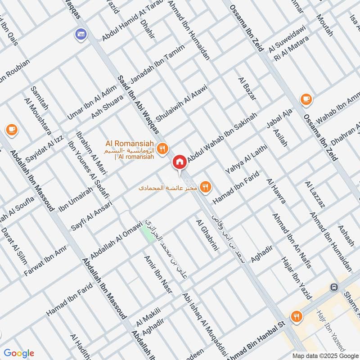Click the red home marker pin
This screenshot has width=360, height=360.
(x=180, y=162)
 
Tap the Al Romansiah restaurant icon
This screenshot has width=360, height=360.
(x=163, y=148)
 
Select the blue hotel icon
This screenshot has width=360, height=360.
(x=81, y=34)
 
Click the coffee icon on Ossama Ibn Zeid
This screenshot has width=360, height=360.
(x=306, y=99)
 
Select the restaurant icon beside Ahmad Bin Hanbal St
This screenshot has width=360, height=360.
(x=296, y=316)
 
